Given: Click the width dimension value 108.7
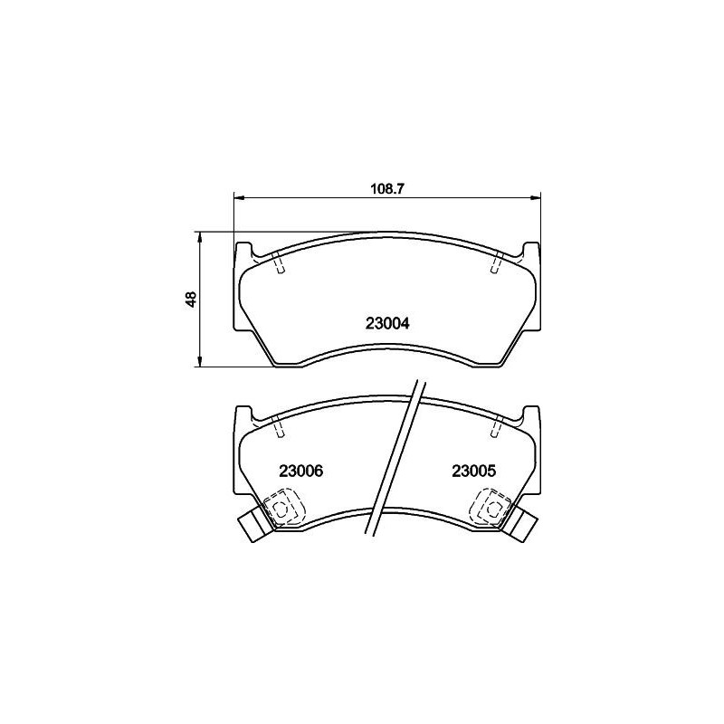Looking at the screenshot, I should [x=387, y=188].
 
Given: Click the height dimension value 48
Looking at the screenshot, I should [x=191, y=300].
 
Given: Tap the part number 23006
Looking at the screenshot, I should [x=301, y=472].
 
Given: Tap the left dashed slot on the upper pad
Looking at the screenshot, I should [x=279, y=263].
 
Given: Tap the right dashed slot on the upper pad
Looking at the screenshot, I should [x=497, y=263].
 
